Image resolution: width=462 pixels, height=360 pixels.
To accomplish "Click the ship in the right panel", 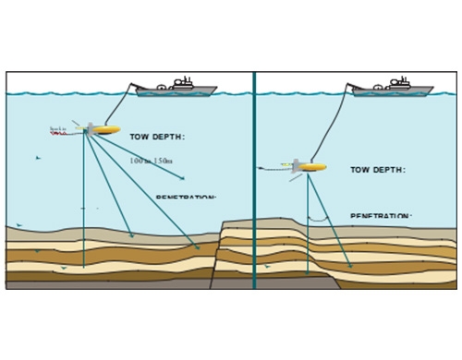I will (x=393, y=90).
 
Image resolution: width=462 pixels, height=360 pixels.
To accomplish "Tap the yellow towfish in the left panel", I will (x=105, y=130).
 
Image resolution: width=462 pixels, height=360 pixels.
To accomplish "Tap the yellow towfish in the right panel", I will (x=311, y=167).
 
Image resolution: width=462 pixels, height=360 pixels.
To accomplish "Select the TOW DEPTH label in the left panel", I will (x=157, y=138).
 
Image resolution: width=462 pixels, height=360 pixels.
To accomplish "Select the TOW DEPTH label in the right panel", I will (x=377, y=170).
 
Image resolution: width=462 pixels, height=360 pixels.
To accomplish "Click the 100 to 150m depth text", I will (x=151, y=161).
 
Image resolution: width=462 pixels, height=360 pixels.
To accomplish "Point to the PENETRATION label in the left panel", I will (x=185, y=198).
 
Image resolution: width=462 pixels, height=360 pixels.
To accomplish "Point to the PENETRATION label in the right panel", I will (x=381, y=217).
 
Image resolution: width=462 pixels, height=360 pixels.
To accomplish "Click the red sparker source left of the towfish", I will (x=57, y=133).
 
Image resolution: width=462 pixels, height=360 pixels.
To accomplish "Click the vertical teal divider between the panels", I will (x=254, y=185).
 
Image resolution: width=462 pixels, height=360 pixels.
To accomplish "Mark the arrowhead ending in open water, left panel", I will (x=182, y=178).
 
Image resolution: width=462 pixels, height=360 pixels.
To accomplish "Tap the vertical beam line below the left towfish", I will (x=84, y=203).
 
